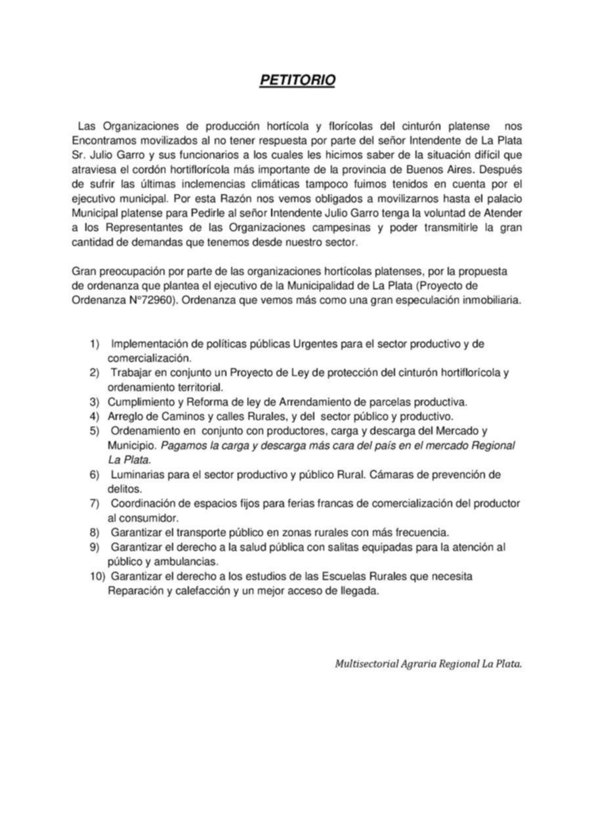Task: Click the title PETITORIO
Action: click(297, 80)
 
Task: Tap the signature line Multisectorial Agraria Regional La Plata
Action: click(429, 663)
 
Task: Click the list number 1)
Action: click(95, 344)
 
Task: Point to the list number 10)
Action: click(98, 576)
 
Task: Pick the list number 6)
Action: click(95, 474)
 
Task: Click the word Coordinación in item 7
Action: click(142, 503)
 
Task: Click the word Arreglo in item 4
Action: click(125, 416)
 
